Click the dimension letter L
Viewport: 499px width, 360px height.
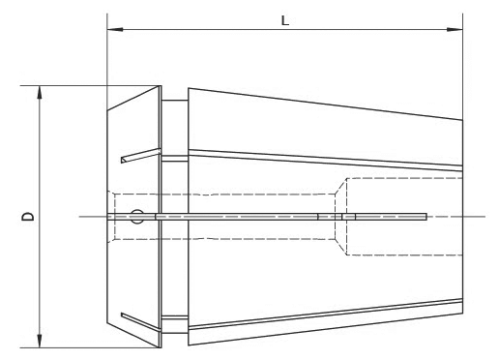click(x=284, y=20)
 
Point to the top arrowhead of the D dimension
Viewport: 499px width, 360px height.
click(x=40, y=92)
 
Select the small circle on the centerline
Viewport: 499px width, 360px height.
click(x=138, y=217)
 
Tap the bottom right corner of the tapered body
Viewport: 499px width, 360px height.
click(x=460, y=308)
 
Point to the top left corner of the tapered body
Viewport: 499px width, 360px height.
click(x=188, y=89)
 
